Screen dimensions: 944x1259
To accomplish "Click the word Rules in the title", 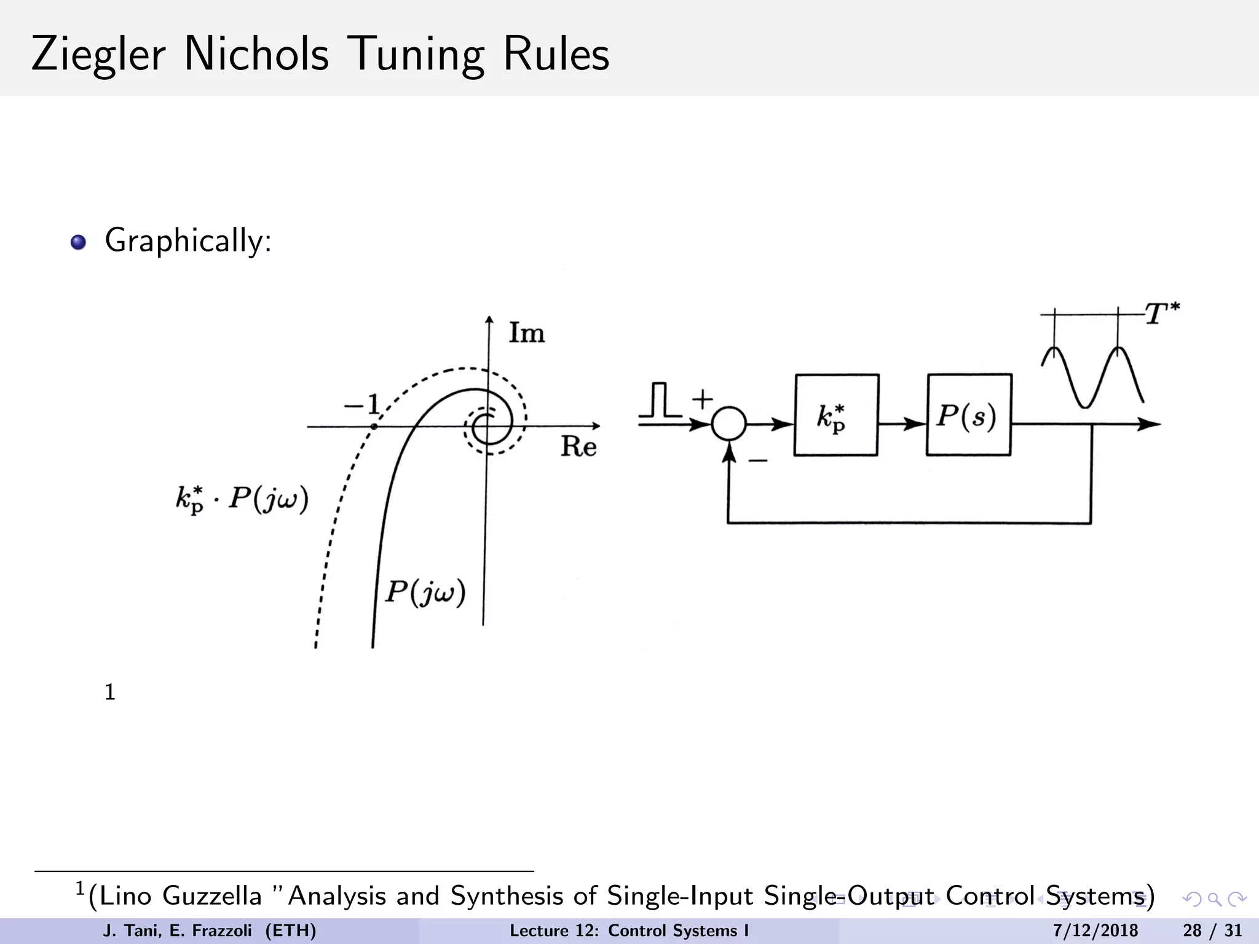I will click(556, 54).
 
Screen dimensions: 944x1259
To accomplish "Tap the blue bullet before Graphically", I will click(78, 243).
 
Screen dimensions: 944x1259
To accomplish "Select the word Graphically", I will click(187, 241).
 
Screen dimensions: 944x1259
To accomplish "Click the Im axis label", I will click(527, 334).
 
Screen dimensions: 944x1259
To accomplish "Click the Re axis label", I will click(578, 447).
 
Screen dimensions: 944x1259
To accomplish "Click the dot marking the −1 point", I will click(374, 426).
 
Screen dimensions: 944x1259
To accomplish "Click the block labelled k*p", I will click(835, 415).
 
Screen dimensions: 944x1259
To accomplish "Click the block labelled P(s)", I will click(968, 415).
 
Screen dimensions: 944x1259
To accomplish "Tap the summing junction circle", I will click(729, 424).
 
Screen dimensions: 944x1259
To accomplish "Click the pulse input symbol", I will click(660, 400).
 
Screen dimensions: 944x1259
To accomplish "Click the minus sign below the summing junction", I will click(757, 460).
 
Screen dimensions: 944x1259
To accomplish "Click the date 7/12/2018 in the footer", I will click(1095, 930).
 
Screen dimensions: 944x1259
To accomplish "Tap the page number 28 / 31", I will click(1212, 930).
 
